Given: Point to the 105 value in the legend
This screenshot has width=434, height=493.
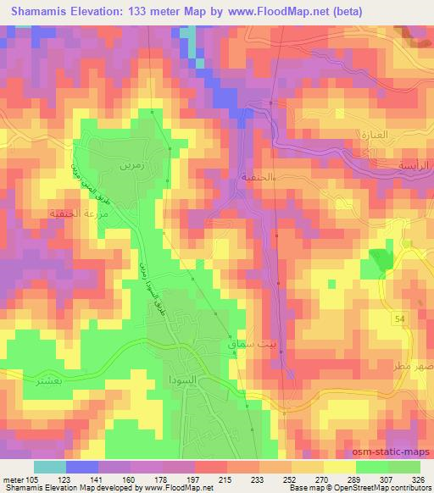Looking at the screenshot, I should pos(31,479).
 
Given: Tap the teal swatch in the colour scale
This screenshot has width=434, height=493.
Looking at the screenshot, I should pos(50,467).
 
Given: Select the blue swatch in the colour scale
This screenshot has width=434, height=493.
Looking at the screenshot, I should pos(82,467).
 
